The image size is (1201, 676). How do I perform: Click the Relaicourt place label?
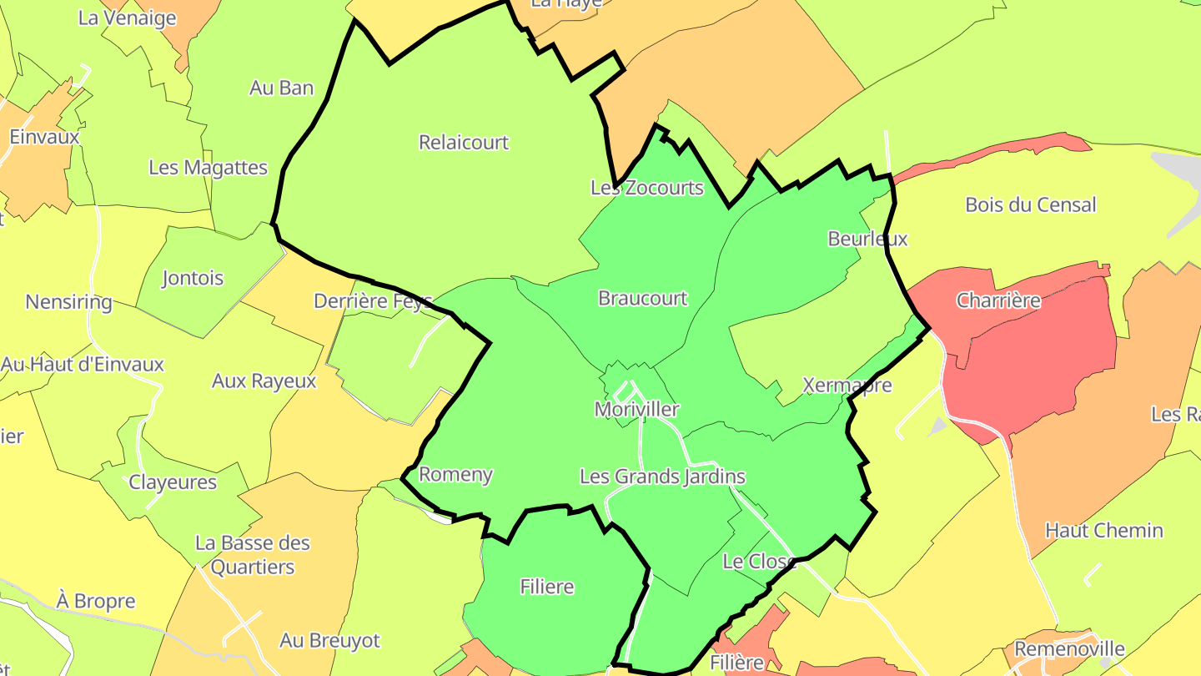tap(464, 143)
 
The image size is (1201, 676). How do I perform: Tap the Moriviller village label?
tap(636, 410)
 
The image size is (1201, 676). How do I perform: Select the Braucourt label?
tap(643, 298)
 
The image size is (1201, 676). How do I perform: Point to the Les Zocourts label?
tap(647, 188)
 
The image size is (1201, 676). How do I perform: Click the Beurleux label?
tap(867, 239)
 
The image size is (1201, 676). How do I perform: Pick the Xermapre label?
tap(847, 386)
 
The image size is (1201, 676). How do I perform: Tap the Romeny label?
tap(455, 475)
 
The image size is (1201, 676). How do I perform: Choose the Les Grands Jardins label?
tap(662, 477)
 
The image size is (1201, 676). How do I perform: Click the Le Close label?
tap(759, 562)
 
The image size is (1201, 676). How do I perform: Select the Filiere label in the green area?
tap(547, 587)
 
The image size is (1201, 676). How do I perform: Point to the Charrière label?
tap(998, 300)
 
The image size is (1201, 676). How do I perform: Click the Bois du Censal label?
tap(1030, 204)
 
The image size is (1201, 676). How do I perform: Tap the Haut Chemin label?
tap(1103, 530)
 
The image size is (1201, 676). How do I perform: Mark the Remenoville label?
tap(1069, 648)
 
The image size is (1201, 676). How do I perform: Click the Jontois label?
tap(193, 278)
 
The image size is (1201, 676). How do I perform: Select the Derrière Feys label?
tap(373, 301)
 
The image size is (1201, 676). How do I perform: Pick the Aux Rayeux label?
tap(264, 381)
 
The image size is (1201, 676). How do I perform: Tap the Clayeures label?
tap(173, 482)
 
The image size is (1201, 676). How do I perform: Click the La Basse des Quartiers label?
tap(253, 555)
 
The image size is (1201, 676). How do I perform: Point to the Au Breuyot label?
tap(329, 641)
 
